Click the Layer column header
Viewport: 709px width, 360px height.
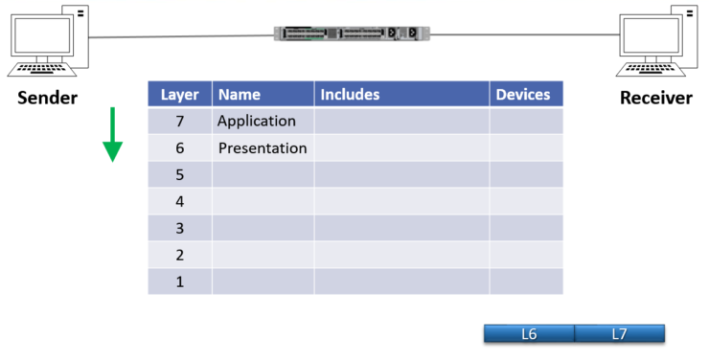(x=180, y=94)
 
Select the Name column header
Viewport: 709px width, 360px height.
(x=263, y=94)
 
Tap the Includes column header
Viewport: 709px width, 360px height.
(x=401, y=94)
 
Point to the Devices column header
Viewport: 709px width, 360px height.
(x=526, y=94)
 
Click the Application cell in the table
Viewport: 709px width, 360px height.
(x=263, y=121)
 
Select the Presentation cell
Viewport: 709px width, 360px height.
(x=263, y=148)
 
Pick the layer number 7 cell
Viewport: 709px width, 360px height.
(x=180, y=121)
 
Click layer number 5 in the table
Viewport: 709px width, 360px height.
(x=180, y=174)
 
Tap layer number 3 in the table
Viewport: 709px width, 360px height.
(x=180, y=228)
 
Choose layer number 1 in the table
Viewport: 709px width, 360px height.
(x=180, y=281)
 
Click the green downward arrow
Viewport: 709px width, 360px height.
(x=113, y=135)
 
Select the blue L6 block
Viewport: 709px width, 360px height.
(x=529, y=334)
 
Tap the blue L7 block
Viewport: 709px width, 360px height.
(x=620, y=334)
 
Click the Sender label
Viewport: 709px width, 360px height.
(x=48, y=98)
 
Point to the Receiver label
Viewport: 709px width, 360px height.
(x=656, y=98)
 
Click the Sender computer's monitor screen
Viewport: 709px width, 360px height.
(x=42, y=35)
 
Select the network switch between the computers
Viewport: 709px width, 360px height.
(x=352, y=34)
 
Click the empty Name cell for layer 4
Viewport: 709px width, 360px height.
(x=263, y=201)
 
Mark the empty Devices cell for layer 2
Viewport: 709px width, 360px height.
(x=526, y=255)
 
